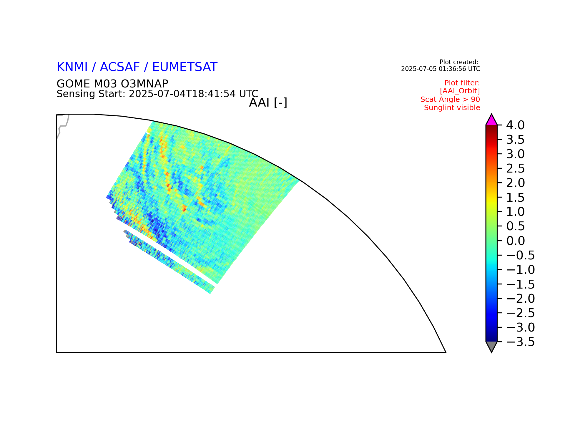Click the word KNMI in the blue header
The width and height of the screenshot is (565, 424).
point(72,67)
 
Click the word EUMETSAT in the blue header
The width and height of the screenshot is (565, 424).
point(185,67)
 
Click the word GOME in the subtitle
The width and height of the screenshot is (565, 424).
point(74,84)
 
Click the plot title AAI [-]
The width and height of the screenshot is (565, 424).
point(268,103)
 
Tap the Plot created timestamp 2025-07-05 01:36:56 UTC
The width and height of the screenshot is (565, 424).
point(441,69)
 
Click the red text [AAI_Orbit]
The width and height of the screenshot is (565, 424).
point(460,91)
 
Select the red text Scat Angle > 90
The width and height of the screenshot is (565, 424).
point(450,100)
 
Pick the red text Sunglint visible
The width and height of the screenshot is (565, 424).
point(452,108)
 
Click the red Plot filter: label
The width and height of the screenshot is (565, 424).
point(462,83)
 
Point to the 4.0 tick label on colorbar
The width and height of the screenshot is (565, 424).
point(515,125)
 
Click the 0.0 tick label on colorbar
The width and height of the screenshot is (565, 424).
point(515,241)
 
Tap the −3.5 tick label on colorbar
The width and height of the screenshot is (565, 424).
point(520,342)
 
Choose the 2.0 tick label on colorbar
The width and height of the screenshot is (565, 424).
point(515,183)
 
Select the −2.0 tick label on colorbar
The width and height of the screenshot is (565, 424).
point(520,299)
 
